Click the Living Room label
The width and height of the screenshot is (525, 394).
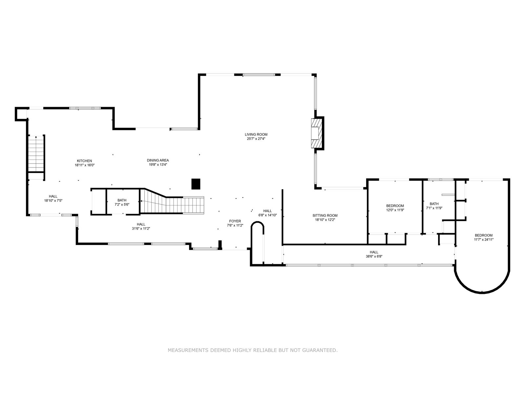256,134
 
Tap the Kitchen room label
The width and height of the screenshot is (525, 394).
84,161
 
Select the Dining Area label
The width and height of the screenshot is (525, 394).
158,160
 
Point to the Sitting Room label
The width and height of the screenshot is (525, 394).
325,215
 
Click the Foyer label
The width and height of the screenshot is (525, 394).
235,221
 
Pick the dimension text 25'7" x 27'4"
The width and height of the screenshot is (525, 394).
256,139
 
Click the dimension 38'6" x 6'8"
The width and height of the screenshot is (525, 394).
374,256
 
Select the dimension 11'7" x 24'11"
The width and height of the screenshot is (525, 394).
484,240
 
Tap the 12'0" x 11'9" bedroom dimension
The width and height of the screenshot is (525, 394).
395,210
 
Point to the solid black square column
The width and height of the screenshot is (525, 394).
196,184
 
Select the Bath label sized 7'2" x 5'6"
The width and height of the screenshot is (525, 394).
122,200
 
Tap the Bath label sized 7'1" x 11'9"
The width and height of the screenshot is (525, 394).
434,204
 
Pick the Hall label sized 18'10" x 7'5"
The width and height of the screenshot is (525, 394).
53,196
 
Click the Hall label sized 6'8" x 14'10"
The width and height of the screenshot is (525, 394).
267,211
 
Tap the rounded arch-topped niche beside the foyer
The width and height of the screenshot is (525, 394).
257,243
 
